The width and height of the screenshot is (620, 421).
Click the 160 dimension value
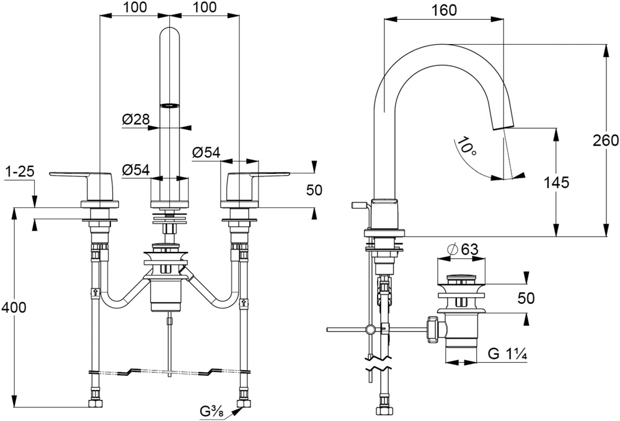point(445,10)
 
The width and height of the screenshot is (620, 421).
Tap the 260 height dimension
point(606,140)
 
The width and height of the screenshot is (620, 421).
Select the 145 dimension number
point(556,182)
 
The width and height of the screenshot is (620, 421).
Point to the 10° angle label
point(464,146)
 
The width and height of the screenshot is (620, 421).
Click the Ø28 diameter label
point(136,119)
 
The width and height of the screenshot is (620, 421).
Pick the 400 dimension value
point(14,307)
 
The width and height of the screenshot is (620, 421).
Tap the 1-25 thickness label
point(20,171)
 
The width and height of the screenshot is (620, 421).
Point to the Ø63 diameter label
point(463,250)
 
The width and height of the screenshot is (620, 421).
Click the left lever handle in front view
point(82,186)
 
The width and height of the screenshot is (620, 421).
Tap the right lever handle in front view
point(258,186)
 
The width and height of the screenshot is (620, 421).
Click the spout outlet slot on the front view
point(169,105)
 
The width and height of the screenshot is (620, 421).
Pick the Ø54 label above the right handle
point(206,152)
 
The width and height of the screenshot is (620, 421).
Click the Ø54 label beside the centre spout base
point(136,170)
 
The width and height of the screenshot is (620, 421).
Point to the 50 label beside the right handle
point(314,190)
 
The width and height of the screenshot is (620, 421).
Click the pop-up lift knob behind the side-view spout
point(359,204)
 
